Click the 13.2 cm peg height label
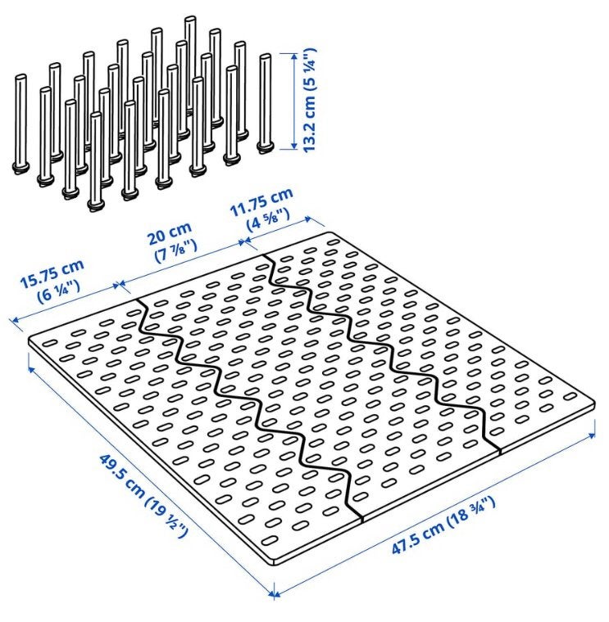pos(309,99)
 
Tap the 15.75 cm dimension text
pos(52,273)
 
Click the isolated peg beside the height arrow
pos(265,103)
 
